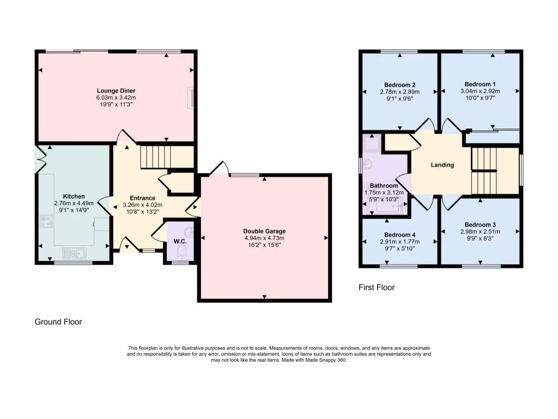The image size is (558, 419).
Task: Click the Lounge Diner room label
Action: [116, 91]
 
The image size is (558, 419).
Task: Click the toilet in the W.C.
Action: [181, 250]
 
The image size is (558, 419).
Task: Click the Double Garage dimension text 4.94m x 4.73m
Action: [264, 238]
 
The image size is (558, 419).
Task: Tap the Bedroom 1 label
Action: [480, 85]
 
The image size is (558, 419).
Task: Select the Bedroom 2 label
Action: [400, 85]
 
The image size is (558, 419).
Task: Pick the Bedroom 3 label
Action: [480, 225]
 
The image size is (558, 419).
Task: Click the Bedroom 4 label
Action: [400, 235]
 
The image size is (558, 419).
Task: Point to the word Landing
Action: [442, 165]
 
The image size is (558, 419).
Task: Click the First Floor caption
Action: [376, 287]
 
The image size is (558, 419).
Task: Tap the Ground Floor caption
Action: [58, 322]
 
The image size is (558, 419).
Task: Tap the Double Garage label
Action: [264, 231]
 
